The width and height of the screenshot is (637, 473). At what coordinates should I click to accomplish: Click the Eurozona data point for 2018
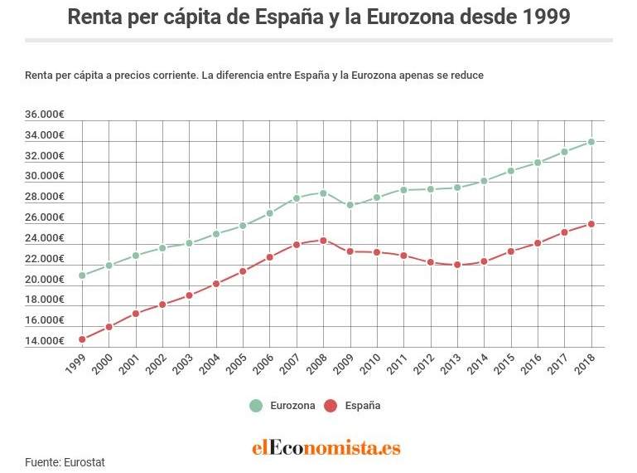click(591, 142)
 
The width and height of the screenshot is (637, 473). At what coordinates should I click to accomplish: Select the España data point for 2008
click(323, 241)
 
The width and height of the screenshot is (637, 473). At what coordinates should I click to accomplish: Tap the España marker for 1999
click(82, 339)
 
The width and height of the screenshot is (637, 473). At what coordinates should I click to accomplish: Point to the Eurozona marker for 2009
click(350, 205)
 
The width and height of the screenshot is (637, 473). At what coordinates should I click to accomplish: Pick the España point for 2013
click(457, 265)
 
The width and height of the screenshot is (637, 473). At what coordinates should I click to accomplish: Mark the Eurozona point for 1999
click(82, 276)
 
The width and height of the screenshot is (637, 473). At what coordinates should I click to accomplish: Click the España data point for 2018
click(591, 224)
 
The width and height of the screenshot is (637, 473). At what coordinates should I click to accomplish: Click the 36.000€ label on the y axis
click(45, 115)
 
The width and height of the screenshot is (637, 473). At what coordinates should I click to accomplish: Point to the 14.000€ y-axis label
click(45, 341)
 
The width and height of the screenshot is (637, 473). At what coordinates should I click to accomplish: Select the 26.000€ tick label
click(45, 217)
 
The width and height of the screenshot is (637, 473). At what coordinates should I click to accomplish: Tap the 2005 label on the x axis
click(239, 363)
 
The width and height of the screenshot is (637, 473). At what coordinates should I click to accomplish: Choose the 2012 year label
click(426, 363)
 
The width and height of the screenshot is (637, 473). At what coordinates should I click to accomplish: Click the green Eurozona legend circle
click(256, 406)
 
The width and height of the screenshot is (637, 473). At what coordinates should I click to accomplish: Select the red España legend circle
click(331, 406)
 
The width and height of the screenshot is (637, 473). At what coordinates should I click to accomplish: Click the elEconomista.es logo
click(326, 448)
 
